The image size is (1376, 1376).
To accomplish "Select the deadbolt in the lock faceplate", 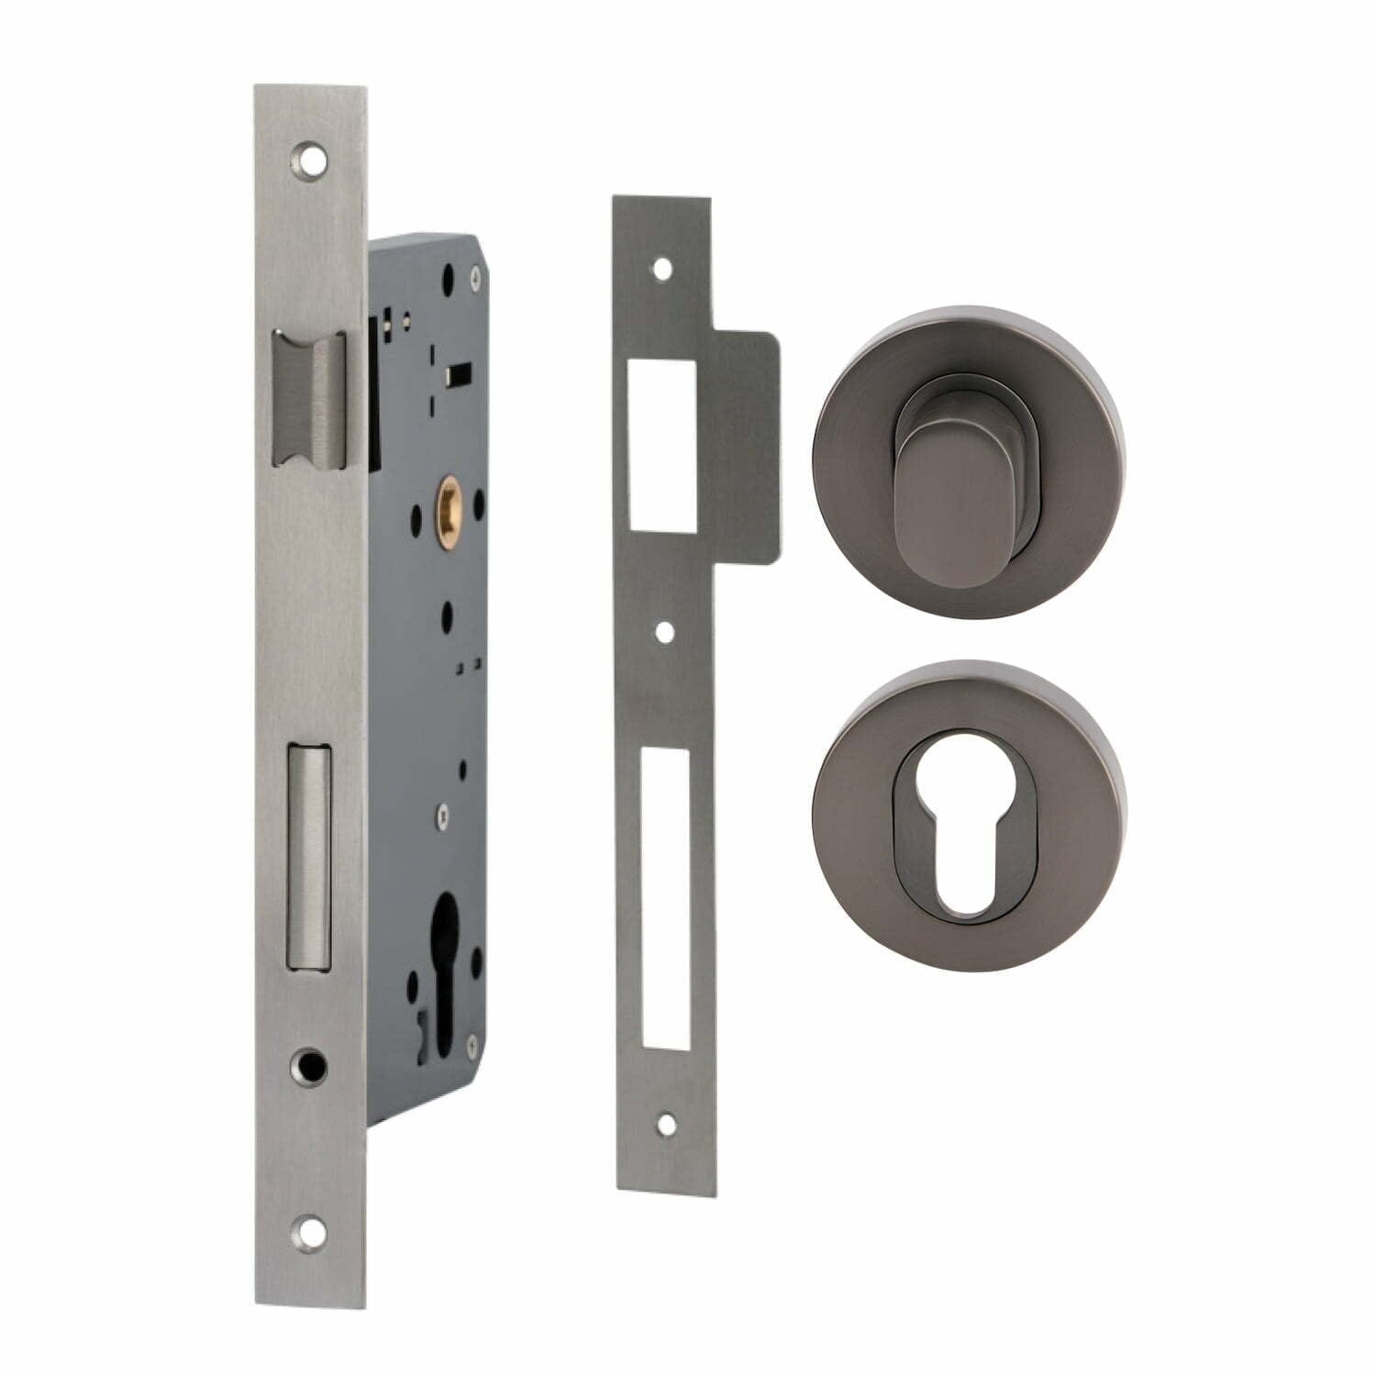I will tap(309, 855).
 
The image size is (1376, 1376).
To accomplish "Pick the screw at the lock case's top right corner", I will tap(473, 271).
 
